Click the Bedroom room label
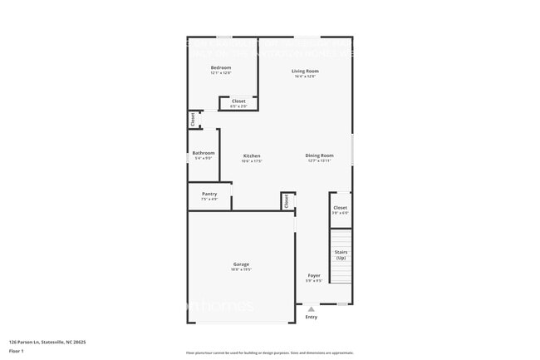[220, 67]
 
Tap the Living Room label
[305, 71]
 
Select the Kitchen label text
[252, 155]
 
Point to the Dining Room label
[320, 155]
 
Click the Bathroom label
[204, 153]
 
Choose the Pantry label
[209, 194]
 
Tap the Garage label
[241, 264]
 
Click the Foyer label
[314, 275]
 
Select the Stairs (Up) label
[341, 254]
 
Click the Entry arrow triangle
[312, 308]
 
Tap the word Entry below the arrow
[312, 317]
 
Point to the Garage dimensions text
[241, 269]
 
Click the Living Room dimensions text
[305, 76]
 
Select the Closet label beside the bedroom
[238, 101]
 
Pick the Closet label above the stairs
[341, 207]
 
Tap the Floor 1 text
[17, 351]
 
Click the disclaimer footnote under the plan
[269, 353]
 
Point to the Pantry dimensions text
[209, 199]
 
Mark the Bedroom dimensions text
[220, 73]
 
